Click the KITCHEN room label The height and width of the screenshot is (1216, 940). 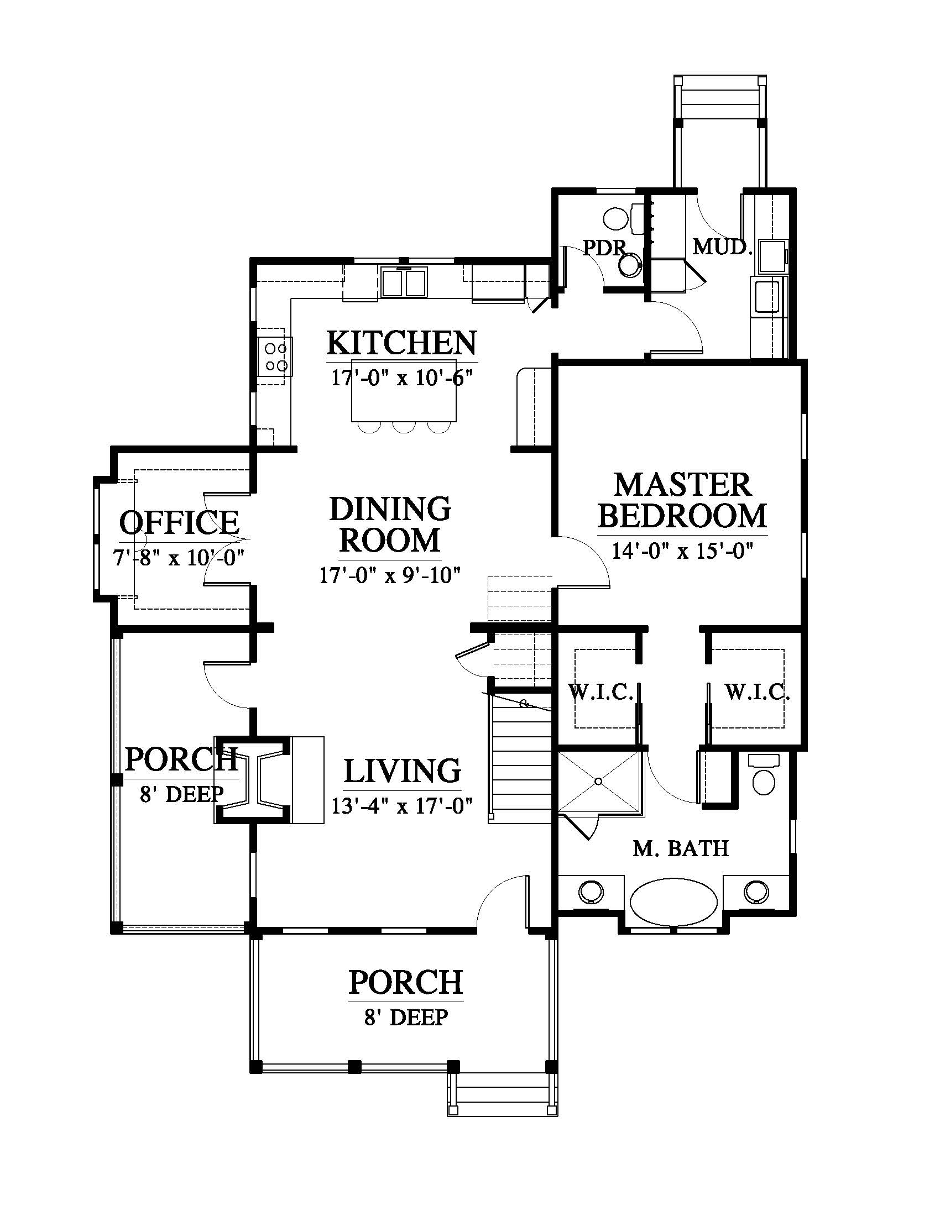click(x=401, y=343)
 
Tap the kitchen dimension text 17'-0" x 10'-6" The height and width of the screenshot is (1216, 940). click(x=402, y=378)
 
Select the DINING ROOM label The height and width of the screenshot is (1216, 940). click(x=390, y=524)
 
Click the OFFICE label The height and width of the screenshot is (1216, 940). click(x=179, y=522)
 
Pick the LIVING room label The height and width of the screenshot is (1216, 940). click(x=402, y=771)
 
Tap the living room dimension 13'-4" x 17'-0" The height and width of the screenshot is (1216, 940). click(x=402, y=805)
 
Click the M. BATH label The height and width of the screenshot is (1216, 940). click(x=681, y=848)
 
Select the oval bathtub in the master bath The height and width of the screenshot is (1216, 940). click(x=674, y=901)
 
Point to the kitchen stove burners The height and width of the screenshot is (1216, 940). click(x=276, y=357)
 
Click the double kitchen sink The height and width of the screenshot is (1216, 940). click(x=404, y=282)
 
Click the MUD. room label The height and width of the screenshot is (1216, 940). click(x=722, y=247)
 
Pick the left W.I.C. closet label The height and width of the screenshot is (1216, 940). click(x=600, y=692)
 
